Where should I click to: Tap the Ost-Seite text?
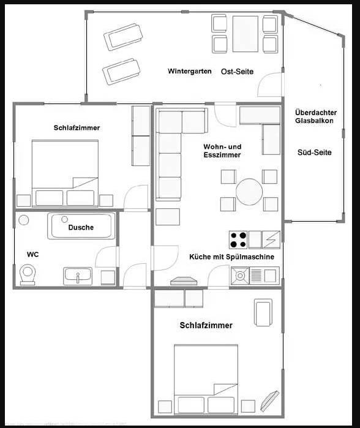pos(237,72)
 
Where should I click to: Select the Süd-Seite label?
pos(314,152)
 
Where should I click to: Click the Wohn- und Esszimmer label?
pos(222,151)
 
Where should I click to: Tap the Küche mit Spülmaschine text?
pos(231,257)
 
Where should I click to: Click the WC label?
pos(32,253)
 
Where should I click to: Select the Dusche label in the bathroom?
pos(81,227)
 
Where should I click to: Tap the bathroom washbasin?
pos(77,276)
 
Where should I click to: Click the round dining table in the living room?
pos(250,192)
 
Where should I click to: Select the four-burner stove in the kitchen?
pos(238,239)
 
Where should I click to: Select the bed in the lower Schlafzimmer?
pos(205,378)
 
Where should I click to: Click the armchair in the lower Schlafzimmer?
pos(263,312)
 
